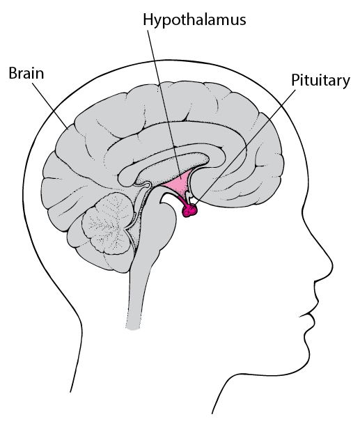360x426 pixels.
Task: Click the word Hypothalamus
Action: pos(194,20)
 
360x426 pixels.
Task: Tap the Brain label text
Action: pos(26,73)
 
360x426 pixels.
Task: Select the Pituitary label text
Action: pos(320,81)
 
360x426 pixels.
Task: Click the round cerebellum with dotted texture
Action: pos(108,223)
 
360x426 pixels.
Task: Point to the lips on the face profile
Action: pos(313,315)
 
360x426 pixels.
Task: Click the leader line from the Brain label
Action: pos(50,105)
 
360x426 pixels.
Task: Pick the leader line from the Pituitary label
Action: pos(244,148)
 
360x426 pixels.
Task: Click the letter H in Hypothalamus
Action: pos(148,19)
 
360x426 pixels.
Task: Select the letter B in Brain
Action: pos(13,73)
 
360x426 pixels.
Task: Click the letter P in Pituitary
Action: pos(295,79)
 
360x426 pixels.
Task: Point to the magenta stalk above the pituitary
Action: pos(182,201)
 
